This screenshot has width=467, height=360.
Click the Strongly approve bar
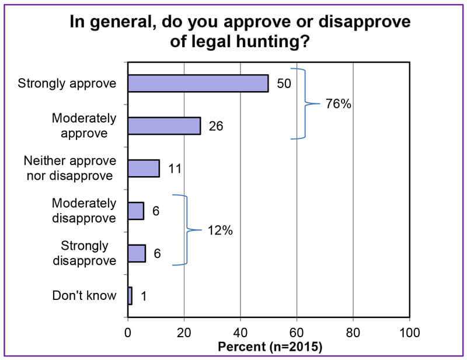pos(198,83)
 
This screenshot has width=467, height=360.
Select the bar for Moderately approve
pos(164,125)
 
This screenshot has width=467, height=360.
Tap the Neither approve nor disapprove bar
pos(143,168)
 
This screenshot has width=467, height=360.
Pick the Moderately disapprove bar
pos(135,211)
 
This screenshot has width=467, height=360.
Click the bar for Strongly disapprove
pos(136,253)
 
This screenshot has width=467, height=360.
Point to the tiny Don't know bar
pos(130,295)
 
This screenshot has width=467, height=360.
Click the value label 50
pos(283,83)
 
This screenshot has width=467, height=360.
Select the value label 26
pos(215,125)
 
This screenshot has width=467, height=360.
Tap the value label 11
pos(175,168)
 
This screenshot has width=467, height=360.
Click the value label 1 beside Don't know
pos(144,296)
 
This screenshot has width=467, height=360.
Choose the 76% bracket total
pos(338,104)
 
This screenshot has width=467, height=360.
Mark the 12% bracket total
pos(219,230)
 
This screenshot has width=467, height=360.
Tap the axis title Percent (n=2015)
pos(270,346)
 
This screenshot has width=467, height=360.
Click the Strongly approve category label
pos(67,83)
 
